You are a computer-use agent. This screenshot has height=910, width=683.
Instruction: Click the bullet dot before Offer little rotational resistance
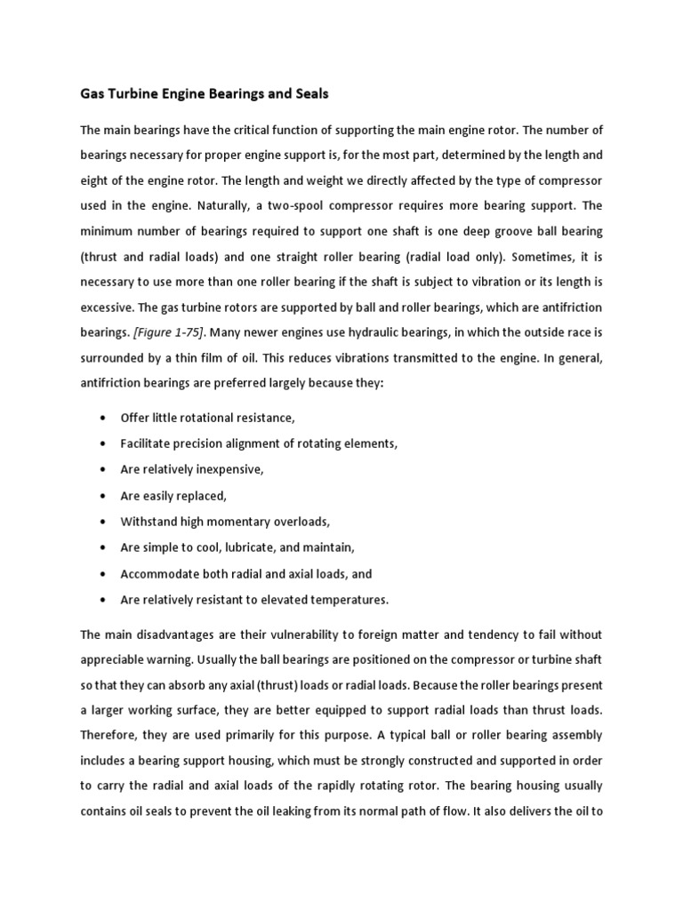107,418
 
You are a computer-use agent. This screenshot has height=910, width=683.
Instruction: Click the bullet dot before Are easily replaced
107,495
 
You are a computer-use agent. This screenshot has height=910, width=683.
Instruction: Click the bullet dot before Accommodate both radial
107,574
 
